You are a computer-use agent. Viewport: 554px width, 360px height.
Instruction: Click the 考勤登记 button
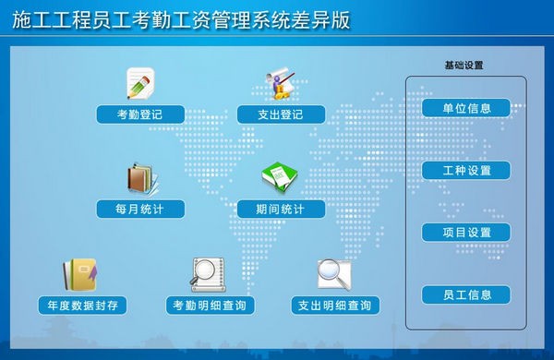pyautogui.click(x=140, y=114)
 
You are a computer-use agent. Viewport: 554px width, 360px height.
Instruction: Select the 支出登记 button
pyautogui.click(x=281, y=114)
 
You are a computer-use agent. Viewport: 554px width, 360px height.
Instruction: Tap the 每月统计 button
pyautogui.click(x=140, y=210)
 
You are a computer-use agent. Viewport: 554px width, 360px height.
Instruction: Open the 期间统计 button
pyautogui.click(x=281, y=210)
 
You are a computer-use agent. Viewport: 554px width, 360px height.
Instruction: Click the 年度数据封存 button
pyautogui.click(x=81, y=305)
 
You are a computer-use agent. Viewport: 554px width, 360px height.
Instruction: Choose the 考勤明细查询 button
pyautogui.click(x=212, y=305)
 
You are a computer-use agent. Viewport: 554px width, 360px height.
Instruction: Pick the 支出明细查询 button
pyautogui.click(x=334, y=305)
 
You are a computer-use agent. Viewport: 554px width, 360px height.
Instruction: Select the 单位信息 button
pyautogui.click(x=466, y=108)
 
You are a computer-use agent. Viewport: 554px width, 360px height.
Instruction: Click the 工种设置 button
pyautogui.click(x=466, y=171)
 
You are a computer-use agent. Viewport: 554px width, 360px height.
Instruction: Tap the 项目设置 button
pyautogui.click(x=466, y=233)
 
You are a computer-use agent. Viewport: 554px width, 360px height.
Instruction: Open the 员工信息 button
pyautogui.click(x=466, y=295)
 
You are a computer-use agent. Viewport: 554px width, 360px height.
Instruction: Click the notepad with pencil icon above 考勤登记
pyautogui.click(x=140, y=83)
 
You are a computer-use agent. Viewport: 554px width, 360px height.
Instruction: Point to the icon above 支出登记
pyautogui.click(x=280, y=81)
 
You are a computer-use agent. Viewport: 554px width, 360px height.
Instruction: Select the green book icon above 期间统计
pyautogui.click(x=279, y=178)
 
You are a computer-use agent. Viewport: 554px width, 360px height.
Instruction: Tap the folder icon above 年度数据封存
pyautogui.click(x=79, y=273)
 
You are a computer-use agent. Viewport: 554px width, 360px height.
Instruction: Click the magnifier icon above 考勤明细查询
pyautogui.click(x=207, y=273)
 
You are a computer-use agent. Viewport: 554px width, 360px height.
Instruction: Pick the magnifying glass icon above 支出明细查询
pyautogui.click(x=333, y=273)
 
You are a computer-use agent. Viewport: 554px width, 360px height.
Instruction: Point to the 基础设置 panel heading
pyautogui.click(x=464, y=66)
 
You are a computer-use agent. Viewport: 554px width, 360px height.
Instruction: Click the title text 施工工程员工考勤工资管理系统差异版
pyautogui.click(x=182, y=19)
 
